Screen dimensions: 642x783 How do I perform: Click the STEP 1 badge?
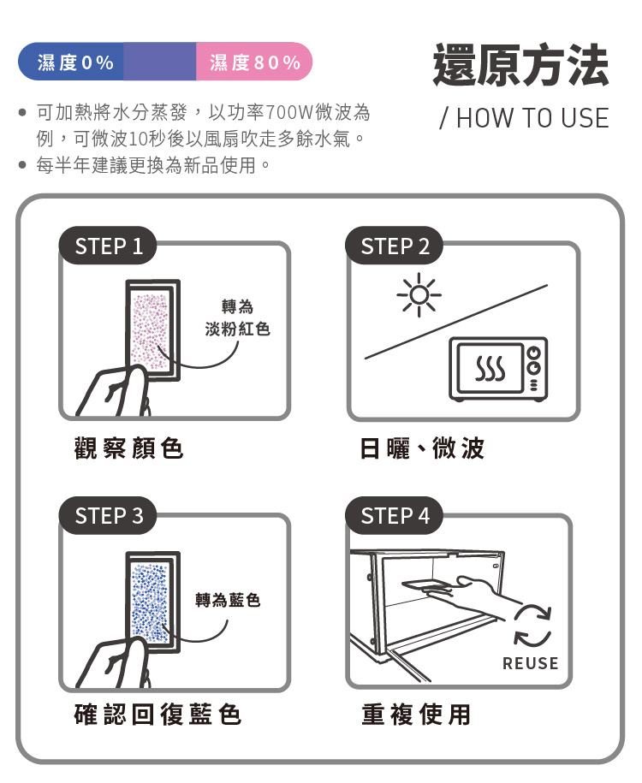(x=108, y=246)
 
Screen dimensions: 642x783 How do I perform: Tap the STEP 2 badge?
(x=395, y=246)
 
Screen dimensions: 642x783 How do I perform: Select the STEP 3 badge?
(x=108, y=516)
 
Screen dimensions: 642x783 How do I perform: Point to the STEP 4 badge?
(x=395, y=516)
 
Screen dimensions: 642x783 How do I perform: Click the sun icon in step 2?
(x=419, y=294)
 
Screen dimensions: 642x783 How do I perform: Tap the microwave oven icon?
(x=498, y=369)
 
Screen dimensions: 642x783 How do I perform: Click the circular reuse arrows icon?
(x=532, y=626)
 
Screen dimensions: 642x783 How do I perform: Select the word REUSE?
(x=531, y=663)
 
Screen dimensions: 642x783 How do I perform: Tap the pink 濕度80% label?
(x=255, y=62)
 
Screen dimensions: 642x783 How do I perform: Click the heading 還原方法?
(x=520, y=65)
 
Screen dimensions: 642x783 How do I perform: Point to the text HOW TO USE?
(x=532, y=118)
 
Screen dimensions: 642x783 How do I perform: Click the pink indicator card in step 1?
(x=152, y=330)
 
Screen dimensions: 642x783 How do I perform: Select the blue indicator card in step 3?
(x=152, y=602)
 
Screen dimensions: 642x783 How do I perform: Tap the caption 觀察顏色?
(x=129, y=448)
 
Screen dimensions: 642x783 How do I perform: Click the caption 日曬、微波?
(x=422, y=448)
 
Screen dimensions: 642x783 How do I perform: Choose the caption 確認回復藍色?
(x=158, y=714)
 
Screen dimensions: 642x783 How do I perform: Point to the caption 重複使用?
(x=416, y=714)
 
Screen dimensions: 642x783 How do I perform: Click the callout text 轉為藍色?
(x=228, y=600)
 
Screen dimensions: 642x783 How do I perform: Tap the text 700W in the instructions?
(x=288, y=112)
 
